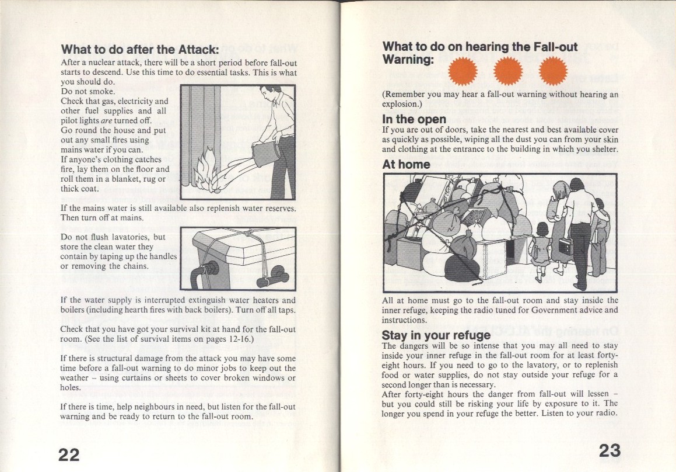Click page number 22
[69, 453]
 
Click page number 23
[610, 450]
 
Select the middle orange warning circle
[506, 72]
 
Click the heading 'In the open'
[414, 119]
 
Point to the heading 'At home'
[406, 164]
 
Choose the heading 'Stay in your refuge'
[436, 335]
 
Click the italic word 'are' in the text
[106, 120]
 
